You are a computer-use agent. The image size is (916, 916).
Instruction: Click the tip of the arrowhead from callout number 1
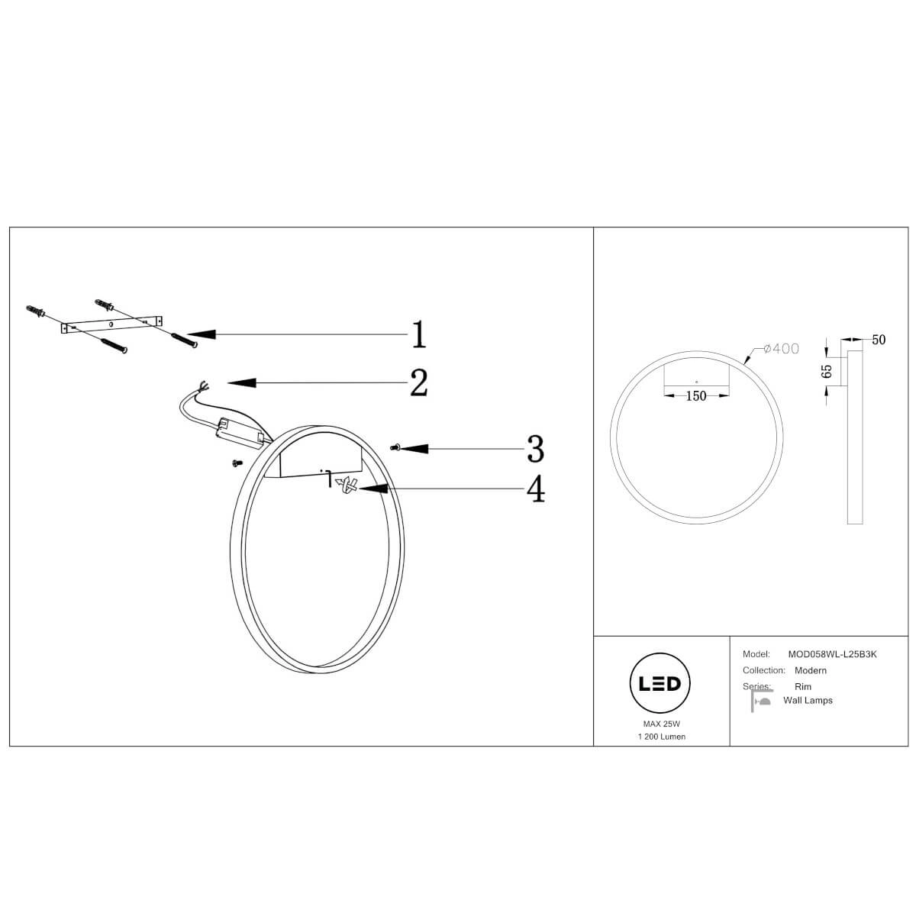tap(188, 334)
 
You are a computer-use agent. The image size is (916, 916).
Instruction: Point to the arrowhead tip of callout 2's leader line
tap(227, 382)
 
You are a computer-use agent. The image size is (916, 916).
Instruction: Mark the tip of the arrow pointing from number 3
tap(401, 448)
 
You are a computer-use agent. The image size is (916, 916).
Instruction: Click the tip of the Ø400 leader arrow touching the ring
tap(744, 364)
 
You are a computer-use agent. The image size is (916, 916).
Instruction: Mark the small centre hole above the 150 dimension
tap(696, 382)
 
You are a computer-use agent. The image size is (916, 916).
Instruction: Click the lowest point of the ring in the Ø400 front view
tap(696, 524)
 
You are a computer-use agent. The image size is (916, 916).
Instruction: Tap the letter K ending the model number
tap(874, 654)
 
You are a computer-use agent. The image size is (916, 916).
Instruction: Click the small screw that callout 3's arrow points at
tap(394, 447)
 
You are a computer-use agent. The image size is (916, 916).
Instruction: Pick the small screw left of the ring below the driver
tap(236, 463)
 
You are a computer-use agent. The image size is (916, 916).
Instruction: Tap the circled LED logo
tap(660, 683)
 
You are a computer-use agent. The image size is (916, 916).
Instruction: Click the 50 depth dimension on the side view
tap(879, 340)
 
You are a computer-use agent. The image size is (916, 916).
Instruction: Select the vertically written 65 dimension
tap(827, 371)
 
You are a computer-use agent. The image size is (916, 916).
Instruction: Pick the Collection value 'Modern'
tap(811, 670)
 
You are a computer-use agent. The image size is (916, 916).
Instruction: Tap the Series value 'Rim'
tap(803, 686)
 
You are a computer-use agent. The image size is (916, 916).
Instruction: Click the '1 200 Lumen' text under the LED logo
tap(662, 737)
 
